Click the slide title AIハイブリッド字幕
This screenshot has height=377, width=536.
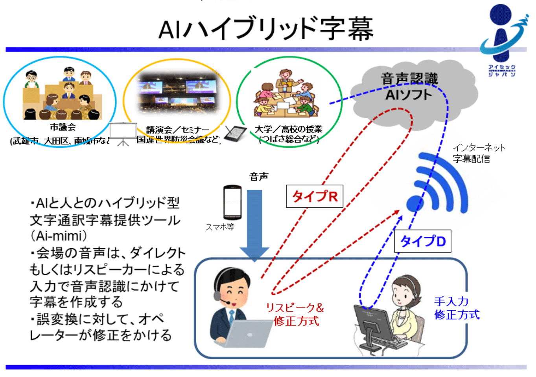266,28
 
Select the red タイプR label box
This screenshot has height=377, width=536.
315,196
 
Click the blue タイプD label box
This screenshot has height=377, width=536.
423,241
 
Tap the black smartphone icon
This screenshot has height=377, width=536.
232,202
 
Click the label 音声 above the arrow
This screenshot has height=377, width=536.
259,177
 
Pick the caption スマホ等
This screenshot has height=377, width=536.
220,227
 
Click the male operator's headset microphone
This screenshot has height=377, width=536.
225,302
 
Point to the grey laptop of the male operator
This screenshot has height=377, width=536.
247,334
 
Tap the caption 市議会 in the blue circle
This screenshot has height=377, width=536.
63,127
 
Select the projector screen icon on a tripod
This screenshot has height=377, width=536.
123,134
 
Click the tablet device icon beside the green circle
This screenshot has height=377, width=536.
236,134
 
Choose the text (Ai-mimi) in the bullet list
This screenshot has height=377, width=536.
59,236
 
